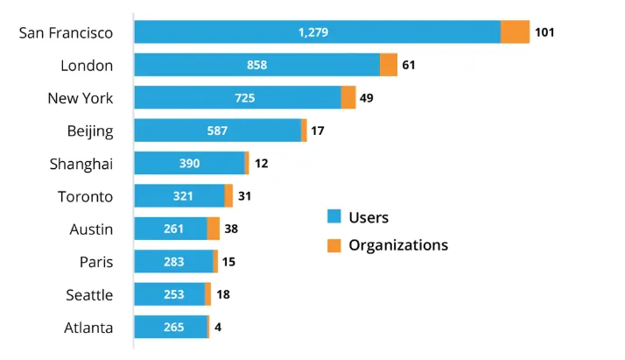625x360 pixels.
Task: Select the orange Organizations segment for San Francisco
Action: tap(515, 32)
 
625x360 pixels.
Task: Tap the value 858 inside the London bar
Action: tap(256, 65)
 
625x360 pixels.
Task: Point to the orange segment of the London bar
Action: tap(389, 65)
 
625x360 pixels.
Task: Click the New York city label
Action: tap(81, 98)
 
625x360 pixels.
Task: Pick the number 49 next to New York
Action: tap(366, 98)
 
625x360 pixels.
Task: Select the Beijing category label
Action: tap(90, 131)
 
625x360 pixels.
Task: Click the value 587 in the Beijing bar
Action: tap(217, 131)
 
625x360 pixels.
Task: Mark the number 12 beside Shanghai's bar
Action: tap(262, 164)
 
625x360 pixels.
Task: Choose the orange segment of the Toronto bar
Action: tap(228, 196)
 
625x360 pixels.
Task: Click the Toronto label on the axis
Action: tap(85, 196)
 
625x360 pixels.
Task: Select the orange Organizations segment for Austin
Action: tap(214, 229)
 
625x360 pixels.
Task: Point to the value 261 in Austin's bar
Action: tap(173, 229)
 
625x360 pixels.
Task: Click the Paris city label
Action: tap(96, 262)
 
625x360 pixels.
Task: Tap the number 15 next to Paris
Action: tap(228, 262)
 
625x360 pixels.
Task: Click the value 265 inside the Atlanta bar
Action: tap(173, 328)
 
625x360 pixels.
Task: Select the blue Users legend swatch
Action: tap(334, 217)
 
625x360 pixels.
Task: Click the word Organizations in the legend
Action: tap(398, 245)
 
